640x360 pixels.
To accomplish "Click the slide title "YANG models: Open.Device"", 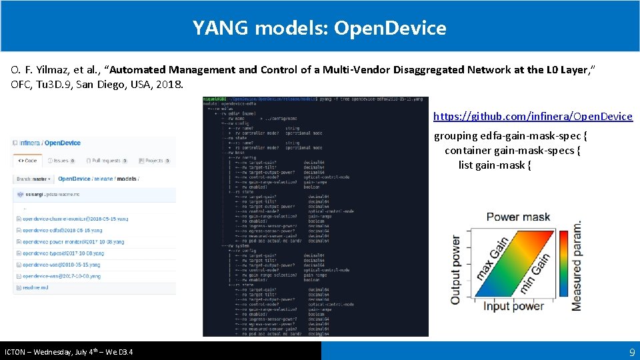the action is pyautogui.click(x=319, y=28).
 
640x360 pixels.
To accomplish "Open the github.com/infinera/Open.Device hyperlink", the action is pyautogui.click(x=533, y=117).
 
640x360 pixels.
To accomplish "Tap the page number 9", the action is pyautogui.click(x=631, y=351).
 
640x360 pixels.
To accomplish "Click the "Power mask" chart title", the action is pyautogui.click(x=518, y=217).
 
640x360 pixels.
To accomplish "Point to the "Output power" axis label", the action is pyautogui.click(x=456, y=269).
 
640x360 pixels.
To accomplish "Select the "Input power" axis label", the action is pyautogui.click(x=515, y=306).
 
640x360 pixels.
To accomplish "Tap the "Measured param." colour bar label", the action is pyautogui.click(x=577, y=265).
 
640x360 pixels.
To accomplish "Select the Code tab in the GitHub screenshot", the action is pyautogui.click(x=27, y=161).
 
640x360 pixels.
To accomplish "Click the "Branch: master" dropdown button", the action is pyautogui.click(x=33, y=179).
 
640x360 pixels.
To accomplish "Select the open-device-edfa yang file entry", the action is pyautogui.click(x=60, y=230).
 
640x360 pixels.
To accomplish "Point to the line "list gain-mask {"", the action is pyautogui.click(x=495, y=165).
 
